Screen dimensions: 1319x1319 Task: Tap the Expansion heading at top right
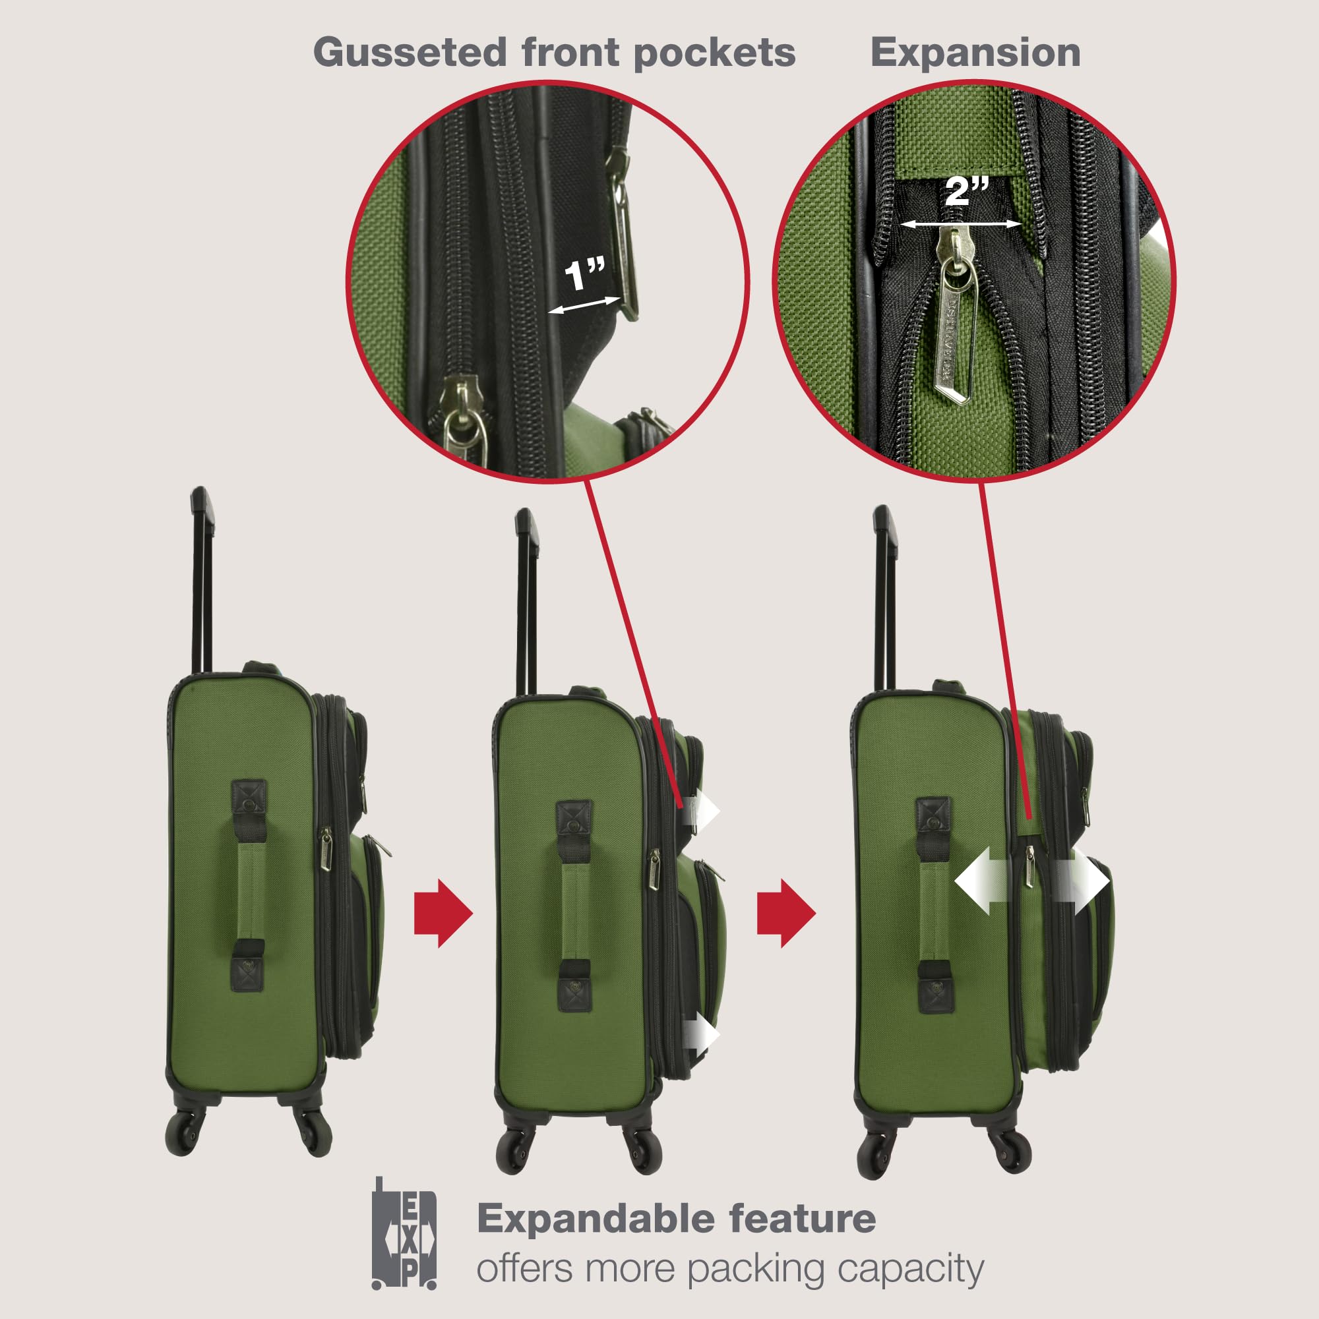[975, 53]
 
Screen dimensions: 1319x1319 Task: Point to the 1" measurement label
[585, 274]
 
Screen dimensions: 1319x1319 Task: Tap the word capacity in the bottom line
[910, 1269]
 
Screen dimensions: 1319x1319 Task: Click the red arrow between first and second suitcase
[443, 914]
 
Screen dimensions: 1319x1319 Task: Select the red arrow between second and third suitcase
[786, 914]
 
